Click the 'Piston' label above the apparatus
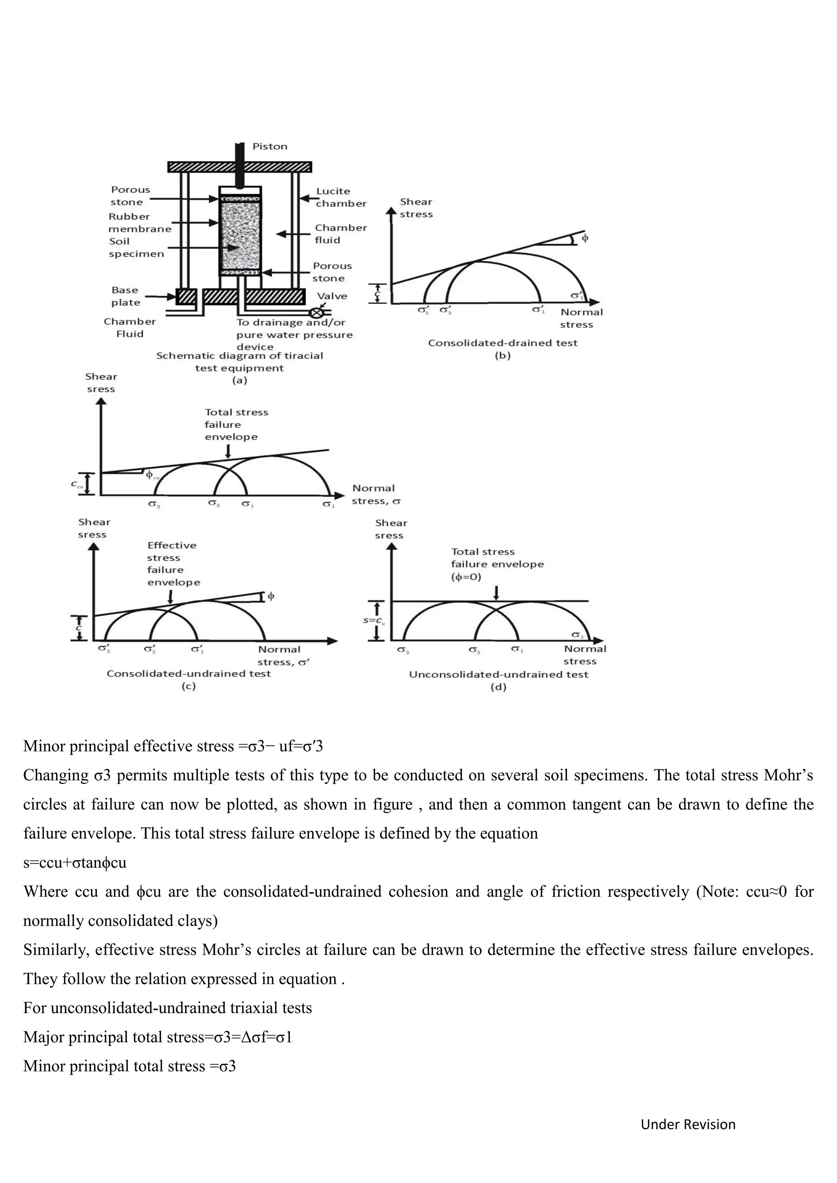(270, 146)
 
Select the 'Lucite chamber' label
(340, 197)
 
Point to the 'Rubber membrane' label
(139, 223)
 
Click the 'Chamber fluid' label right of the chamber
(340, 234)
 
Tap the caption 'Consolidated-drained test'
(503, 343)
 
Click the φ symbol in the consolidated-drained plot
(585, 239)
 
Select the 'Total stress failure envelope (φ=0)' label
(497, 564)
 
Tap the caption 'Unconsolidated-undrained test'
(498, 674)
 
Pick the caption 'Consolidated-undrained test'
(189, 674)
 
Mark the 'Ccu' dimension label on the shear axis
(77, 485)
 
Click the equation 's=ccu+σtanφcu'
(75, 862)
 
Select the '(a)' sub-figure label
(239, 381)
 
